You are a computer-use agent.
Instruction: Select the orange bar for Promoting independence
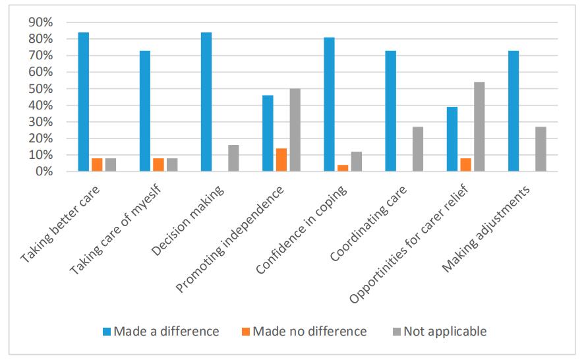coord(281,160)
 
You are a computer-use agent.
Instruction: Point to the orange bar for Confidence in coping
coord(343,168)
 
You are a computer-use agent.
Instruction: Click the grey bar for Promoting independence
coord(295,130)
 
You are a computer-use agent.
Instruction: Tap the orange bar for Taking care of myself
coord(158,165)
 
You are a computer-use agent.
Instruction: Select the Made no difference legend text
coord(309,332)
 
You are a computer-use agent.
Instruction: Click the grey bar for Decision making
coord(233,158)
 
